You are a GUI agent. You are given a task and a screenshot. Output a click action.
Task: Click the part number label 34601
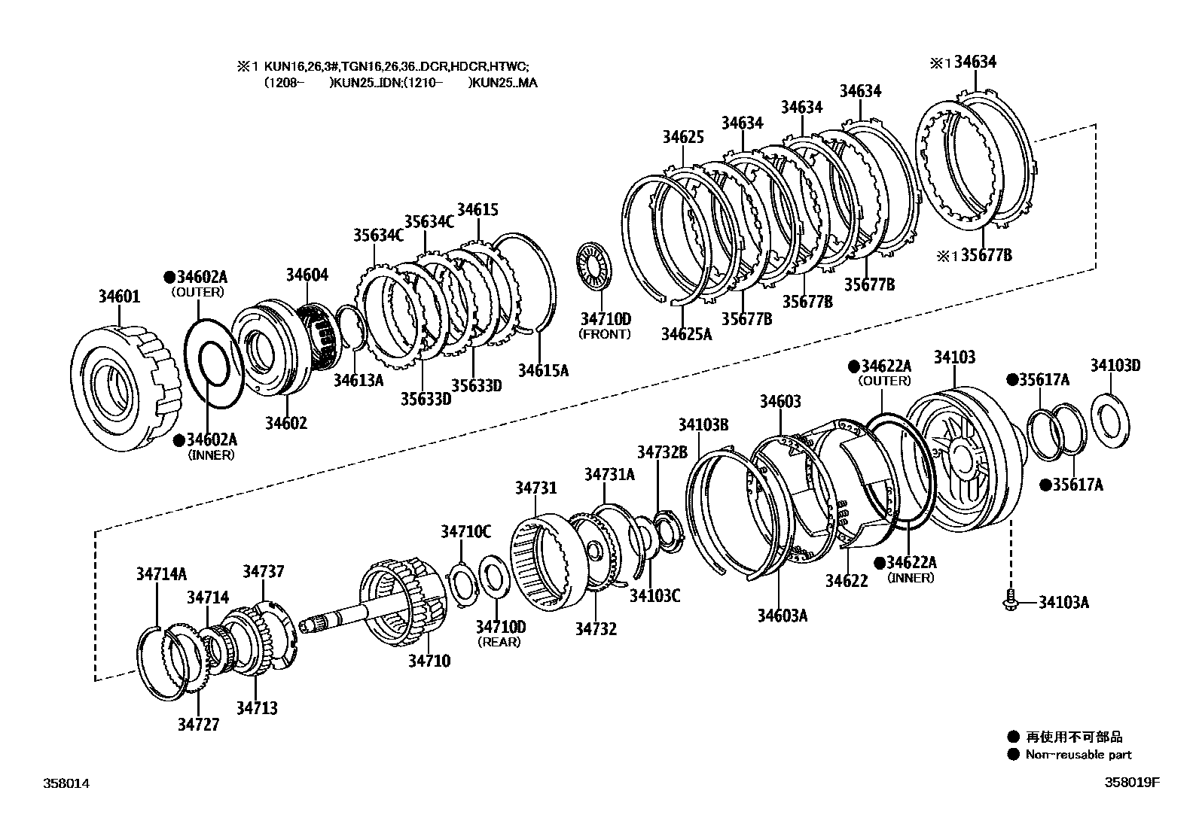pyautogui.click(x=119, y=296)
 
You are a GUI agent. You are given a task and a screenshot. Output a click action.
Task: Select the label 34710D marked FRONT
pyautogui.click(x=606, y=318)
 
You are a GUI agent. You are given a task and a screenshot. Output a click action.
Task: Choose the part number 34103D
pyautogui.click(x=1115, y=366)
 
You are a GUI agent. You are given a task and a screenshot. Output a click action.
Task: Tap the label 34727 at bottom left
pyautogui.click(x=199, y=724)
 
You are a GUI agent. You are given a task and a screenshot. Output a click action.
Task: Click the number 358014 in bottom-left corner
pyautogui.click(x=66, y=783)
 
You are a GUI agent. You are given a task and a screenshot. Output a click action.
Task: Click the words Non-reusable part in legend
pyautogui.click(x=1078, y=755)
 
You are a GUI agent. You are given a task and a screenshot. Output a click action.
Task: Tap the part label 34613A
pyautogui.click(x=358, y=380)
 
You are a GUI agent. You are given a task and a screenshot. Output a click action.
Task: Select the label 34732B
pyautogui.click(x=662, y=452)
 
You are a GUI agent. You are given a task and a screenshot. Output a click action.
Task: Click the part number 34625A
pyautogui.click(x=686, y=333)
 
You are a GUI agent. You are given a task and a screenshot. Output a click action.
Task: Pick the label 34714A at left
pyautogui.click(x=161, y=573)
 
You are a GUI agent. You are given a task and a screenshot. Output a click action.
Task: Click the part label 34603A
pyautogui.click(x=783, y=616)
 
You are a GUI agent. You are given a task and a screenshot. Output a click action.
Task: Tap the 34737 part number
pyautogui.click(x=263, y=572)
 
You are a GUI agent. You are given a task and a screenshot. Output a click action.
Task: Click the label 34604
pyautogui.click(x=307, y=275)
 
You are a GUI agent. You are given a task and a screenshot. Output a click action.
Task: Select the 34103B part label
pyautogui.click(x=703, y=424)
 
